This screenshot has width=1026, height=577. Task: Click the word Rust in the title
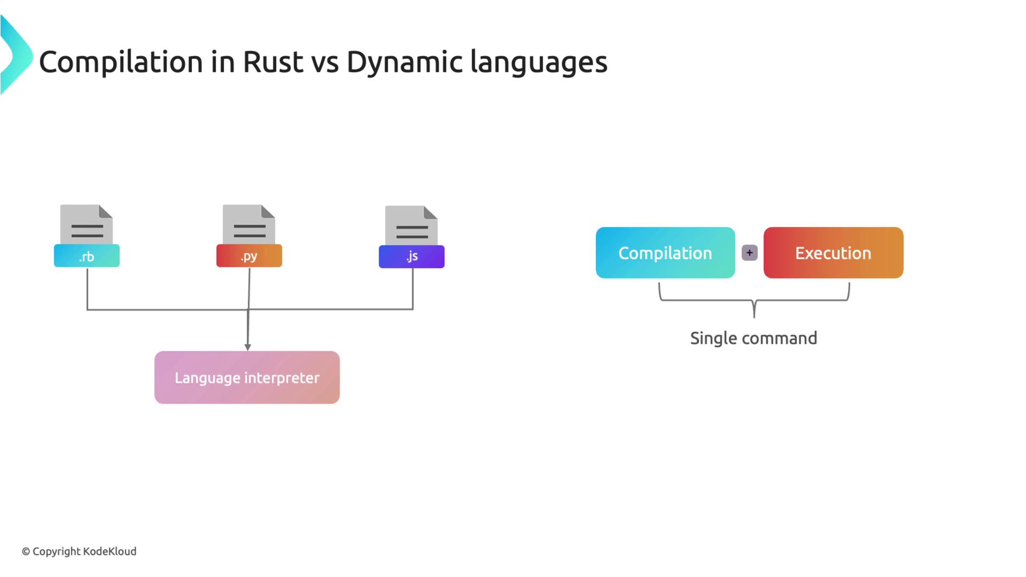tap(273, 62)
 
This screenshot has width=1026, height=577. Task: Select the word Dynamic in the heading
tap(405, 62)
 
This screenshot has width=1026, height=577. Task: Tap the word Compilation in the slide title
tap(121, 62)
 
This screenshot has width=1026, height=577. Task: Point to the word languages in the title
tap(539, 62)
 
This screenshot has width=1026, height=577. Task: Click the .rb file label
tap(87, 256)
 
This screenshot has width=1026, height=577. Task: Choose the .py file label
tap(249, 256)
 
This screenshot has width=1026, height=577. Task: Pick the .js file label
tap(411, 256)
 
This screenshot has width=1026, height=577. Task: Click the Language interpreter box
tap(247, 378)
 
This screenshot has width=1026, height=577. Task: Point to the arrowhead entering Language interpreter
tap(247, 347)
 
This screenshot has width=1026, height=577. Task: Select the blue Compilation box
tap(665, 253)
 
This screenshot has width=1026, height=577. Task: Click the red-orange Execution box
tap(833, 253)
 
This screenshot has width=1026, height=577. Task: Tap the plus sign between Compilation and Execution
tap(750, 253)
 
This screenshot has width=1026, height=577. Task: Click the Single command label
tap(753, 338)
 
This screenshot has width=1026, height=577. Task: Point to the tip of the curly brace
tap(754, 316)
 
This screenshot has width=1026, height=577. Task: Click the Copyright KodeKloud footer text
tap(79, 551)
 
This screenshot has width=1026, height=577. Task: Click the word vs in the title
tap(324, 62)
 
